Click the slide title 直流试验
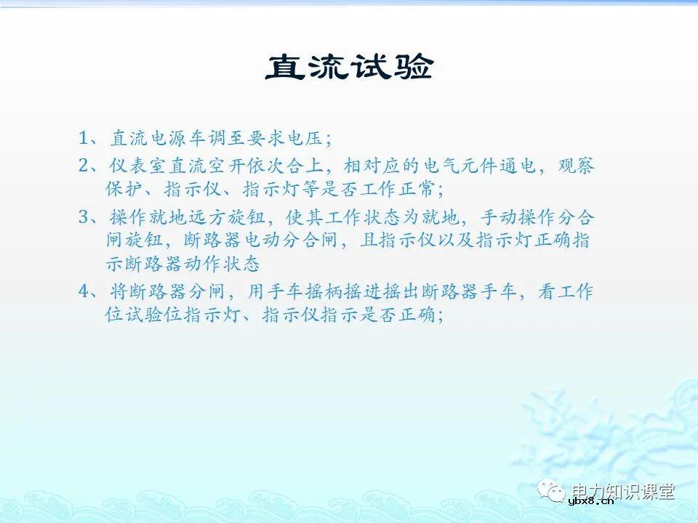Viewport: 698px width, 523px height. [349, 68]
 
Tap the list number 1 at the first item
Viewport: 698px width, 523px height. [84, 138]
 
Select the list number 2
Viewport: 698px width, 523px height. [84, 166]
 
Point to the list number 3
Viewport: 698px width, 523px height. [84, 218]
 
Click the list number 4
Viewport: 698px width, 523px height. [84, 292]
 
